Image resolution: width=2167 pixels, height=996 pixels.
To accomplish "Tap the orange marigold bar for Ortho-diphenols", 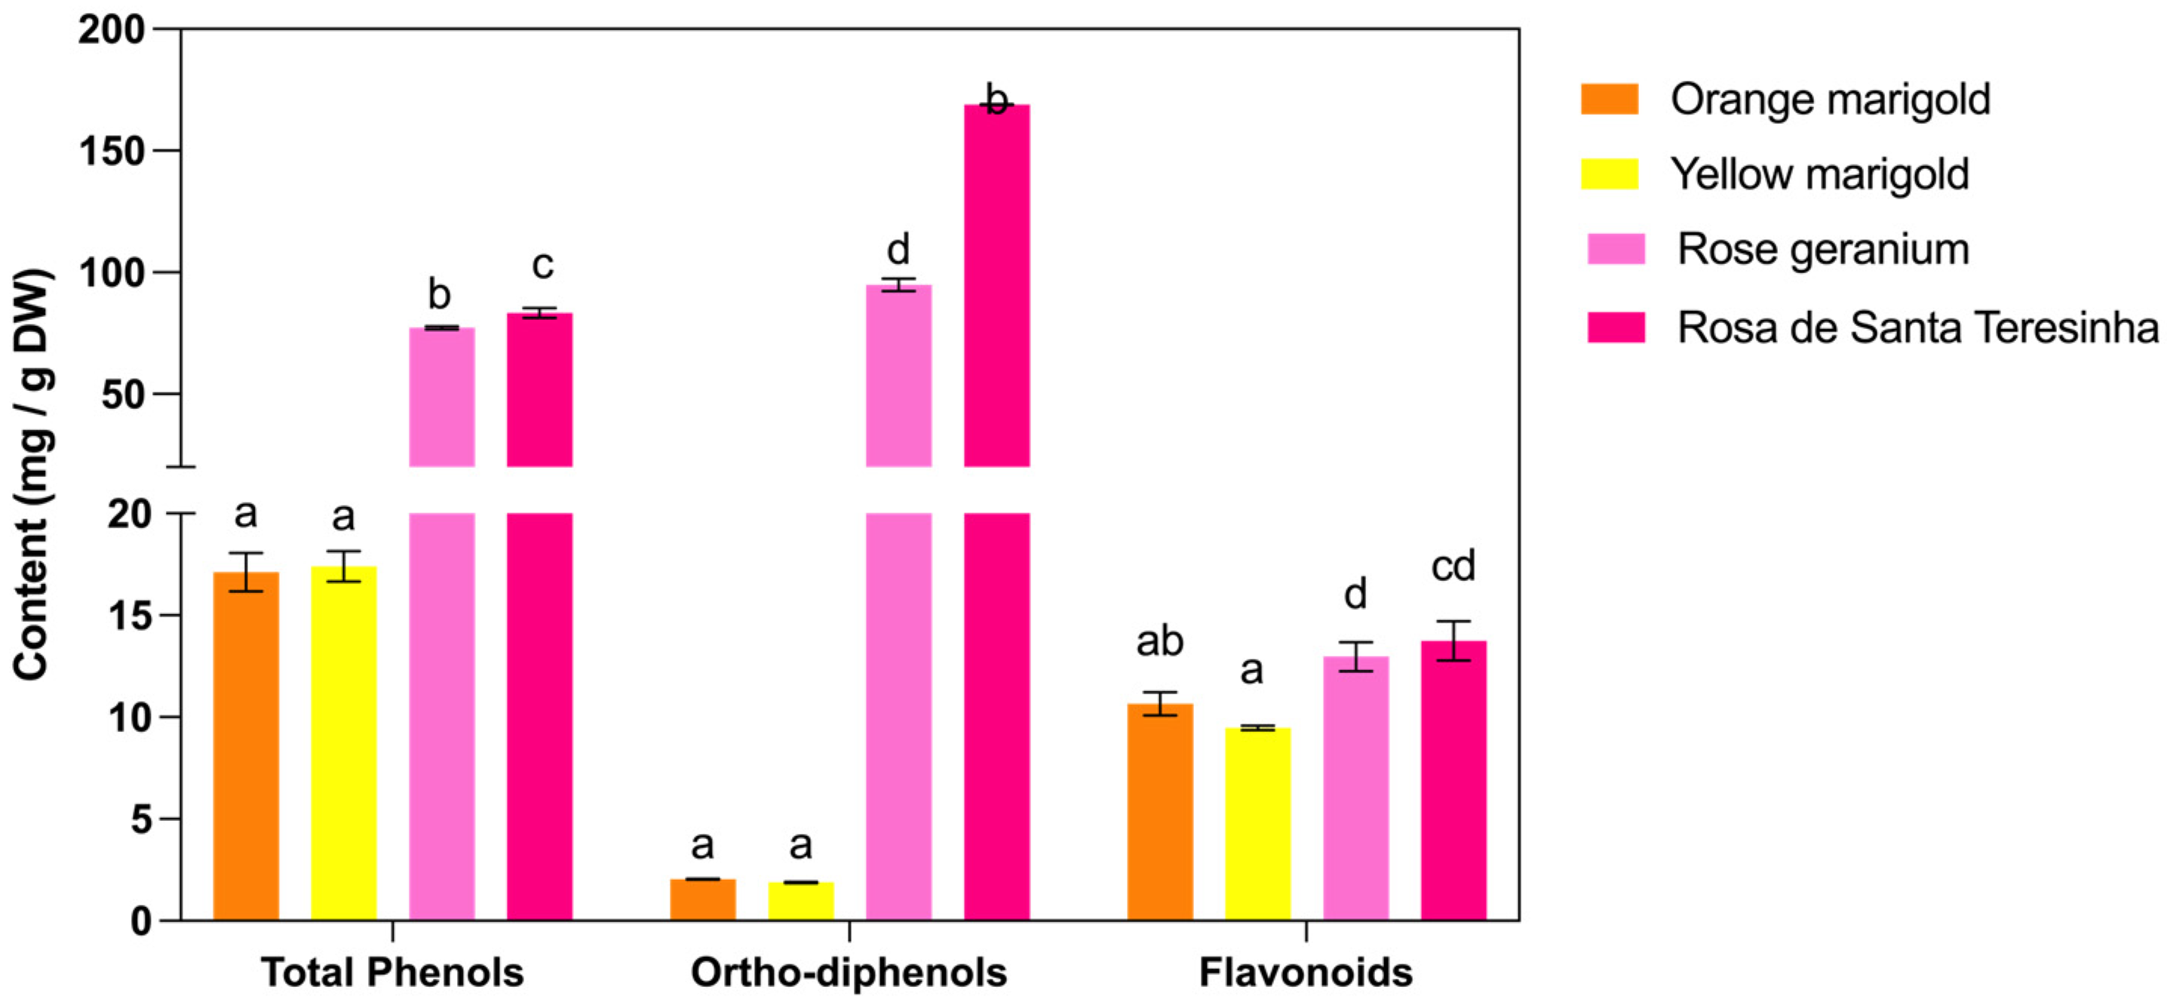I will pyautogui.click(x=702, y=899).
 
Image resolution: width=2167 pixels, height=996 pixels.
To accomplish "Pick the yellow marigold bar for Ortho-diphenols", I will pyautogui.click(x=801, y=901).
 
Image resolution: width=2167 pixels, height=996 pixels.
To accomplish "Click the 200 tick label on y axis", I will pyautogui.click(x=111, y=30).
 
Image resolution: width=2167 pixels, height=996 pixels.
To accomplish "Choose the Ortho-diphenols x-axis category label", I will pyautogui.click(x=849, y=973).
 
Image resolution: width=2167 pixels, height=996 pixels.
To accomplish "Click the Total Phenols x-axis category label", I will pyautogui.click(x=392, y=973).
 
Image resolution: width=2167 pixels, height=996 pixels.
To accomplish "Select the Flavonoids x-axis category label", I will pyautogui.click(x=1306, y=973).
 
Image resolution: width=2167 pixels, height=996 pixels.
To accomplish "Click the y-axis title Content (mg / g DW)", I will pyautogui.click(x=32, y=475).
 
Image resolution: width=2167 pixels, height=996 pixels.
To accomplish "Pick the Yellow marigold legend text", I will pyautogui.click(x=1819, y=174).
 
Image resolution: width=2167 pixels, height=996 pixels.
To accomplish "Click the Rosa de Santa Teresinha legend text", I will pyautogui.click(x=1917, y=327).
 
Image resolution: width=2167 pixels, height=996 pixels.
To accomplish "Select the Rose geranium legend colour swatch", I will pyautogui.click(x=1616, y=250).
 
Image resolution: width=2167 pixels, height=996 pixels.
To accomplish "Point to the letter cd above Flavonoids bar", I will pyautogui.click(x=1453, y=566).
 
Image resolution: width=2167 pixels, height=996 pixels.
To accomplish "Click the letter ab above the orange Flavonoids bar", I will pyautogui.click(x=1159, y=642).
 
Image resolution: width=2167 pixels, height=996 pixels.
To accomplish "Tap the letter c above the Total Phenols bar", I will pyautogui.click(x=542, y=266).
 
